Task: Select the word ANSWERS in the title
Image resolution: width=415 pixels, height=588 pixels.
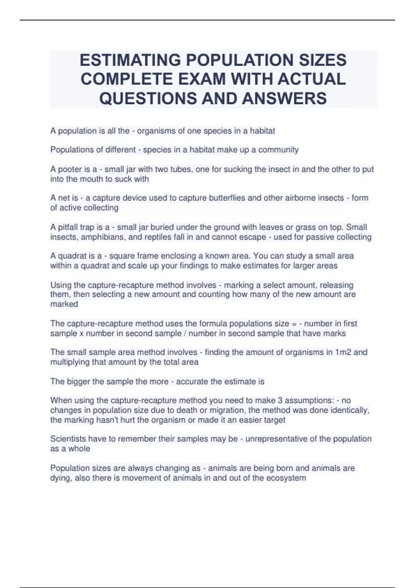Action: [x=285, y=98]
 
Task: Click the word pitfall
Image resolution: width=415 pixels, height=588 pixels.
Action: [x=70, y=227]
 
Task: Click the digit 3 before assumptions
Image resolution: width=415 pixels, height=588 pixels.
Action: [x=279, y=401]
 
